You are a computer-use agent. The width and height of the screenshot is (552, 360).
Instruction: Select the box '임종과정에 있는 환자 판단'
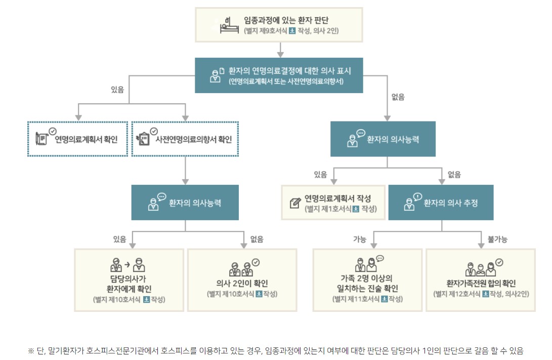pyautogui.click(x=279, y=24)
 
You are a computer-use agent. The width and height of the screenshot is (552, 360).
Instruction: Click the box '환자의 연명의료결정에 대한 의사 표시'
pyautogui.click(x=279, y=75)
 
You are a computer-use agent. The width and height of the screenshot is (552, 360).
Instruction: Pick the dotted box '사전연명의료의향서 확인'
pyautogui.click(x=185, y=139)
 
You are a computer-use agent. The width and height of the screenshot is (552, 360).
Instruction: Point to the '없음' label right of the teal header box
pyautogui.click(x=398, y=97)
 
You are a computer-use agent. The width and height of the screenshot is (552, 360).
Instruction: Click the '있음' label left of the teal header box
pyautogui.click(x=117, y=90)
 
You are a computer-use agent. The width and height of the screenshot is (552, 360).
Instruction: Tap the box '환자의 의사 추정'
pyautogui.click(x=441, y=203)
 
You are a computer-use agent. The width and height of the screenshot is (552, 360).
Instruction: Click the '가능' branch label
pyautogui.click(x=360, y=238)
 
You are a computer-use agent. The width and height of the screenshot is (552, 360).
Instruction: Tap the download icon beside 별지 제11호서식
pyautogui.click(x=384, y=299)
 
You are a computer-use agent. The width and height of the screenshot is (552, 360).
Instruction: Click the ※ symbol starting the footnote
pyautogui.click(x=31, y=351)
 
